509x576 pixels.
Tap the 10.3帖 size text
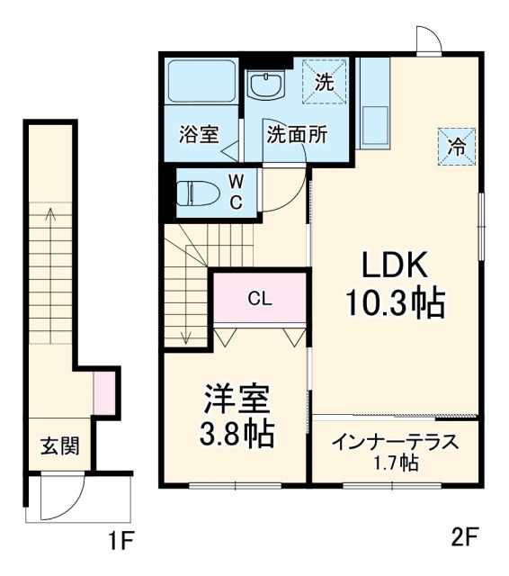pos(397,305)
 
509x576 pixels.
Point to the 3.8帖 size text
pos(236,436)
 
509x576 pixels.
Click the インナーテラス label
pos(395,442)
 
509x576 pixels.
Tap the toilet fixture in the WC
pos(195,193)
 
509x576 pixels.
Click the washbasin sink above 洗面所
pos(266,87)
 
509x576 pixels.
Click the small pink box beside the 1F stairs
pos(105,393)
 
